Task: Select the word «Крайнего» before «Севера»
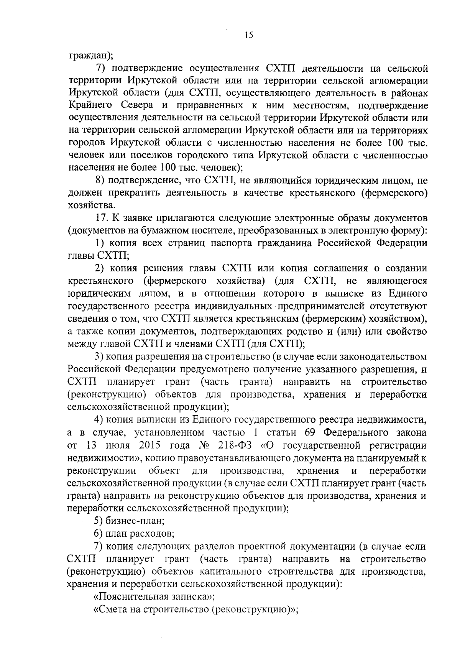coord(90,105)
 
